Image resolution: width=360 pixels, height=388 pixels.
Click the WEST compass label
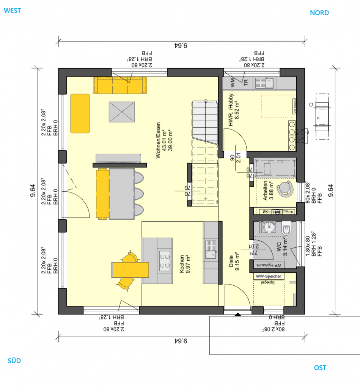click(x=12, y=11)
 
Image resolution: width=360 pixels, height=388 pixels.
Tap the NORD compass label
click(x=319, y=13)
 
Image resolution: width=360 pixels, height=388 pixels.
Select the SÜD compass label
click(x=14, y=361)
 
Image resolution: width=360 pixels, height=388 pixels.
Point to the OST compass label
click(x=320, y=368)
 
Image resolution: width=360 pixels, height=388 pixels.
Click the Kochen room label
click(x=184, y=264)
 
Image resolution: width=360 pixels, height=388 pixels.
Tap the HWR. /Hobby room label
click(x=234, y=110)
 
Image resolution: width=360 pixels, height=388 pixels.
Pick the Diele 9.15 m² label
click(x=234, y=261)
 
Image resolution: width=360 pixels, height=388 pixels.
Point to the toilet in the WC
click(x=286, y=230)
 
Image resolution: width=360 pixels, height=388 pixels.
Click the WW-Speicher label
click(x=269, y=276)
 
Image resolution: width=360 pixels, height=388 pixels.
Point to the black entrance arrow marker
click(x=237, y=314)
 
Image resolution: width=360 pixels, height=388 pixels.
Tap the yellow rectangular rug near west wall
click(x=80, y=113)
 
